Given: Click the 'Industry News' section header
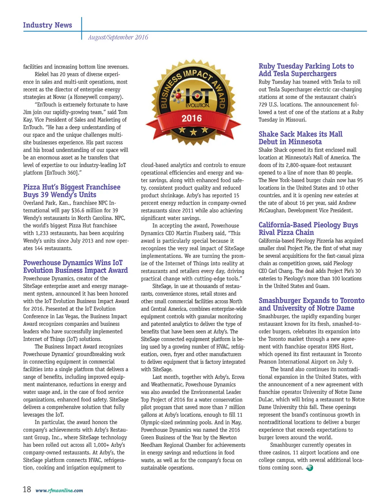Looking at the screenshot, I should click(47, 25).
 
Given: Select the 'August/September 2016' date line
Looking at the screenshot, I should click(118, 37).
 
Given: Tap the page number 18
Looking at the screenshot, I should click(27, 490).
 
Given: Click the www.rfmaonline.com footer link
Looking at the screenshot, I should click(59, 490).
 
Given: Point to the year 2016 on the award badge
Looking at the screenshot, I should click(192, 118).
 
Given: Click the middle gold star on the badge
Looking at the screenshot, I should click(194, 132).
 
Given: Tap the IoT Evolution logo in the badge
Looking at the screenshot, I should click(192, 97).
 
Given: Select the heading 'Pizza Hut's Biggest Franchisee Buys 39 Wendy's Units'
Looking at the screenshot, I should click(72, 191).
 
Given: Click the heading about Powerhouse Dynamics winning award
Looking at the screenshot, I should click(75, 266).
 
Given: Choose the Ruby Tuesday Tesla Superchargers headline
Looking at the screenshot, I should click(306, 70).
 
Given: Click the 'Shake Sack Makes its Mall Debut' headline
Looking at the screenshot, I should click(300, 138).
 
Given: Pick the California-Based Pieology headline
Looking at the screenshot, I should click(308, 229).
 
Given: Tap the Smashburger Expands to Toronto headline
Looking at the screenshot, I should click(311, 304).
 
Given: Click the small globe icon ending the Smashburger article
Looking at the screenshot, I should click(310, 468).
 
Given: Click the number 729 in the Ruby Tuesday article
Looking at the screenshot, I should click(263, 105).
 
